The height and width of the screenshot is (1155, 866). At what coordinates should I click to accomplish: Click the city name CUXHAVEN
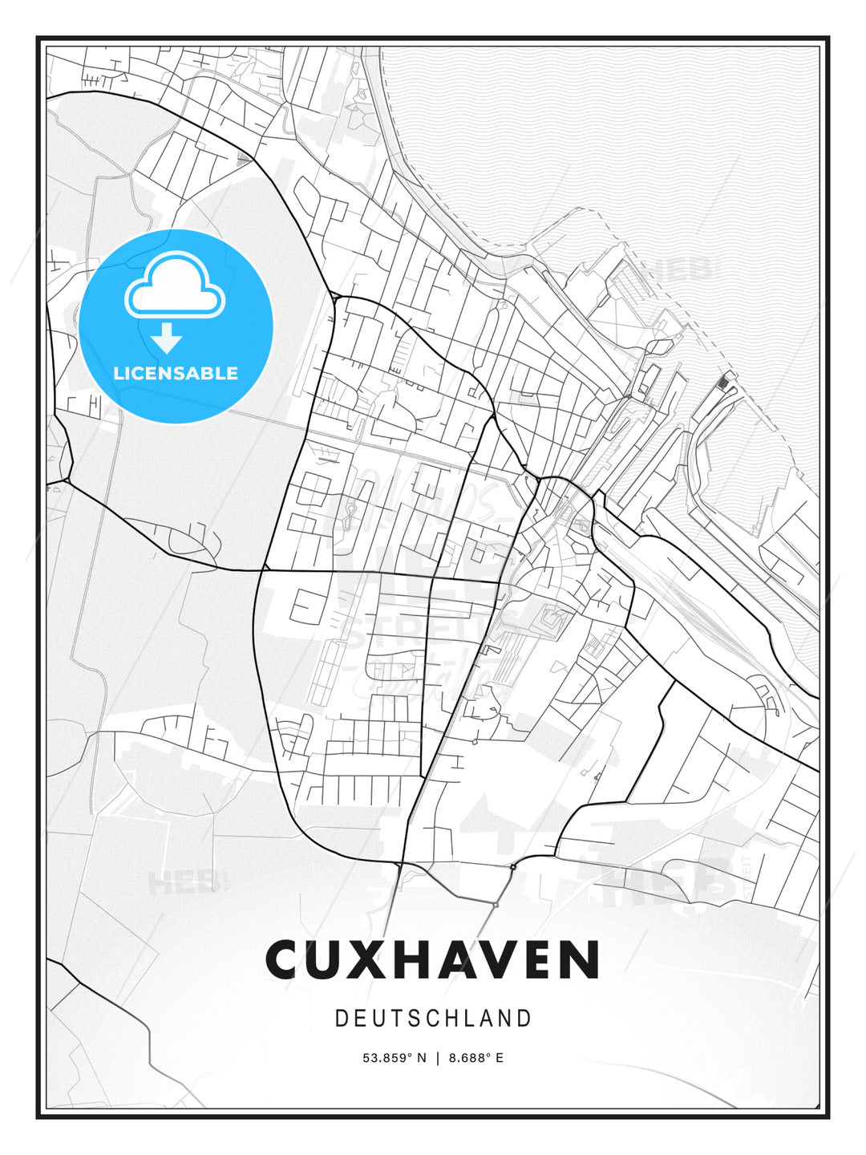[x=433, y=959]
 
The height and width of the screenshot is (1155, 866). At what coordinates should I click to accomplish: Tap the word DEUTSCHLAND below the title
[x=433, y=1019]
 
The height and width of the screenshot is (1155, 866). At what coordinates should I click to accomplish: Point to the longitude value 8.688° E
[x=476, y=1058]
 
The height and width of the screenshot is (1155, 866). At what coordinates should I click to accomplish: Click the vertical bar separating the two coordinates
[x=438, y=1058]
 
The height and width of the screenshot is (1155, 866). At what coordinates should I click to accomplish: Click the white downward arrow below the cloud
[x=167, y=338]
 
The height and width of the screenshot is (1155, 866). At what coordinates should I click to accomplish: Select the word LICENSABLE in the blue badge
[x=176, y=373]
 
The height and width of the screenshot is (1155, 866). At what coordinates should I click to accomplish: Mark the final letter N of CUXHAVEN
[x=582, y=959]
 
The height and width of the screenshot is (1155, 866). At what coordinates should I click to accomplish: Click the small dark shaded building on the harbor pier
[x=726, y=382]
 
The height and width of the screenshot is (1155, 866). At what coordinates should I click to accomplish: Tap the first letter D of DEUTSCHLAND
[x=341, y=1019]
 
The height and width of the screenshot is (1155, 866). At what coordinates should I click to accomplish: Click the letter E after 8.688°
[x=500, y=1058]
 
